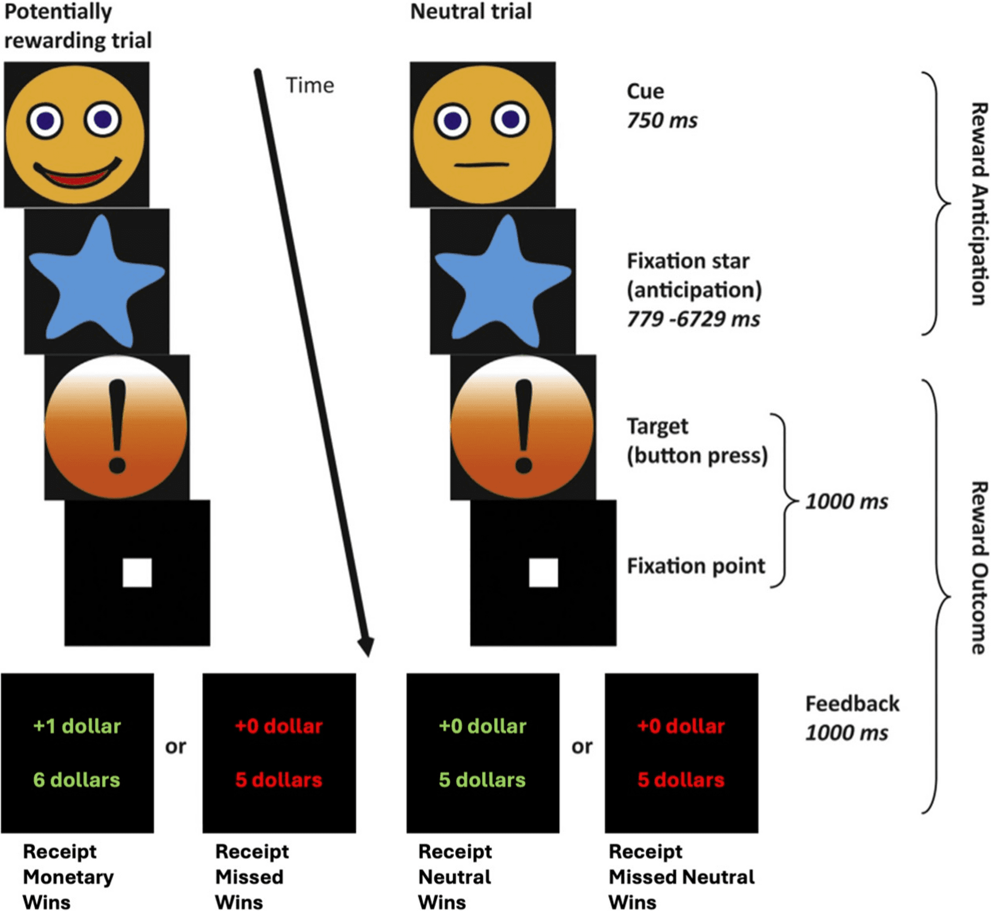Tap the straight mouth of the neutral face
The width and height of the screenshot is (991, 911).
[482, 165]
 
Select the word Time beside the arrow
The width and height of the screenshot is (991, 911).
[310, 86]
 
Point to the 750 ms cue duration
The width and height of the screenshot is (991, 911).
[662, 121]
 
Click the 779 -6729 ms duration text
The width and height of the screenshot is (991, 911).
[693, 319]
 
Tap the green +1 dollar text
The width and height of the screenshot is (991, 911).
[77, 726]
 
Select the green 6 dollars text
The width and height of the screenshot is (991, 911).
[76, 780]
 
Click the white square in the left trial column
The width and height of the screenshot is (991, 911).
[137, 572]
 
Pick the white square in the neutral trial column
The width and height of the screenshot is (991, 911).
[544, 572]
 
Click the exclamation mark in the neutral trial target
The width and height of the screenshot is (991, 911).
[524, 426]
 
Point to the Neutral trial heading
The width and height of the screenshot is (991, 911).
[471, 11]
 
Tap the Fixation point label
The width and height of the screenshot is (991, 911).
[696, 566]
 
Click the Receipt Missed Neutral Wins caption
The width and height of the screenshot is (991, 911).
[681, 877]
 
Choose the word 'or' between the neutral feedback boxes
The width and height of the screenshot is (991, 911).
[582, 747]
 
